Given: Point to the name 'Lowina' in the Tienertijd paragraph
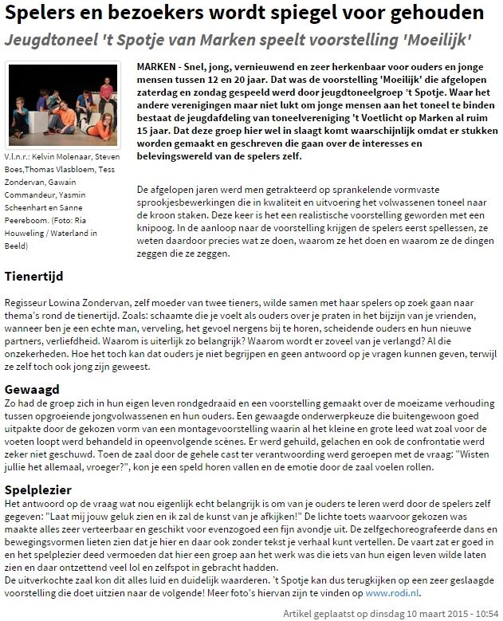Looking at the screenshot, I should [71, 304].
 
